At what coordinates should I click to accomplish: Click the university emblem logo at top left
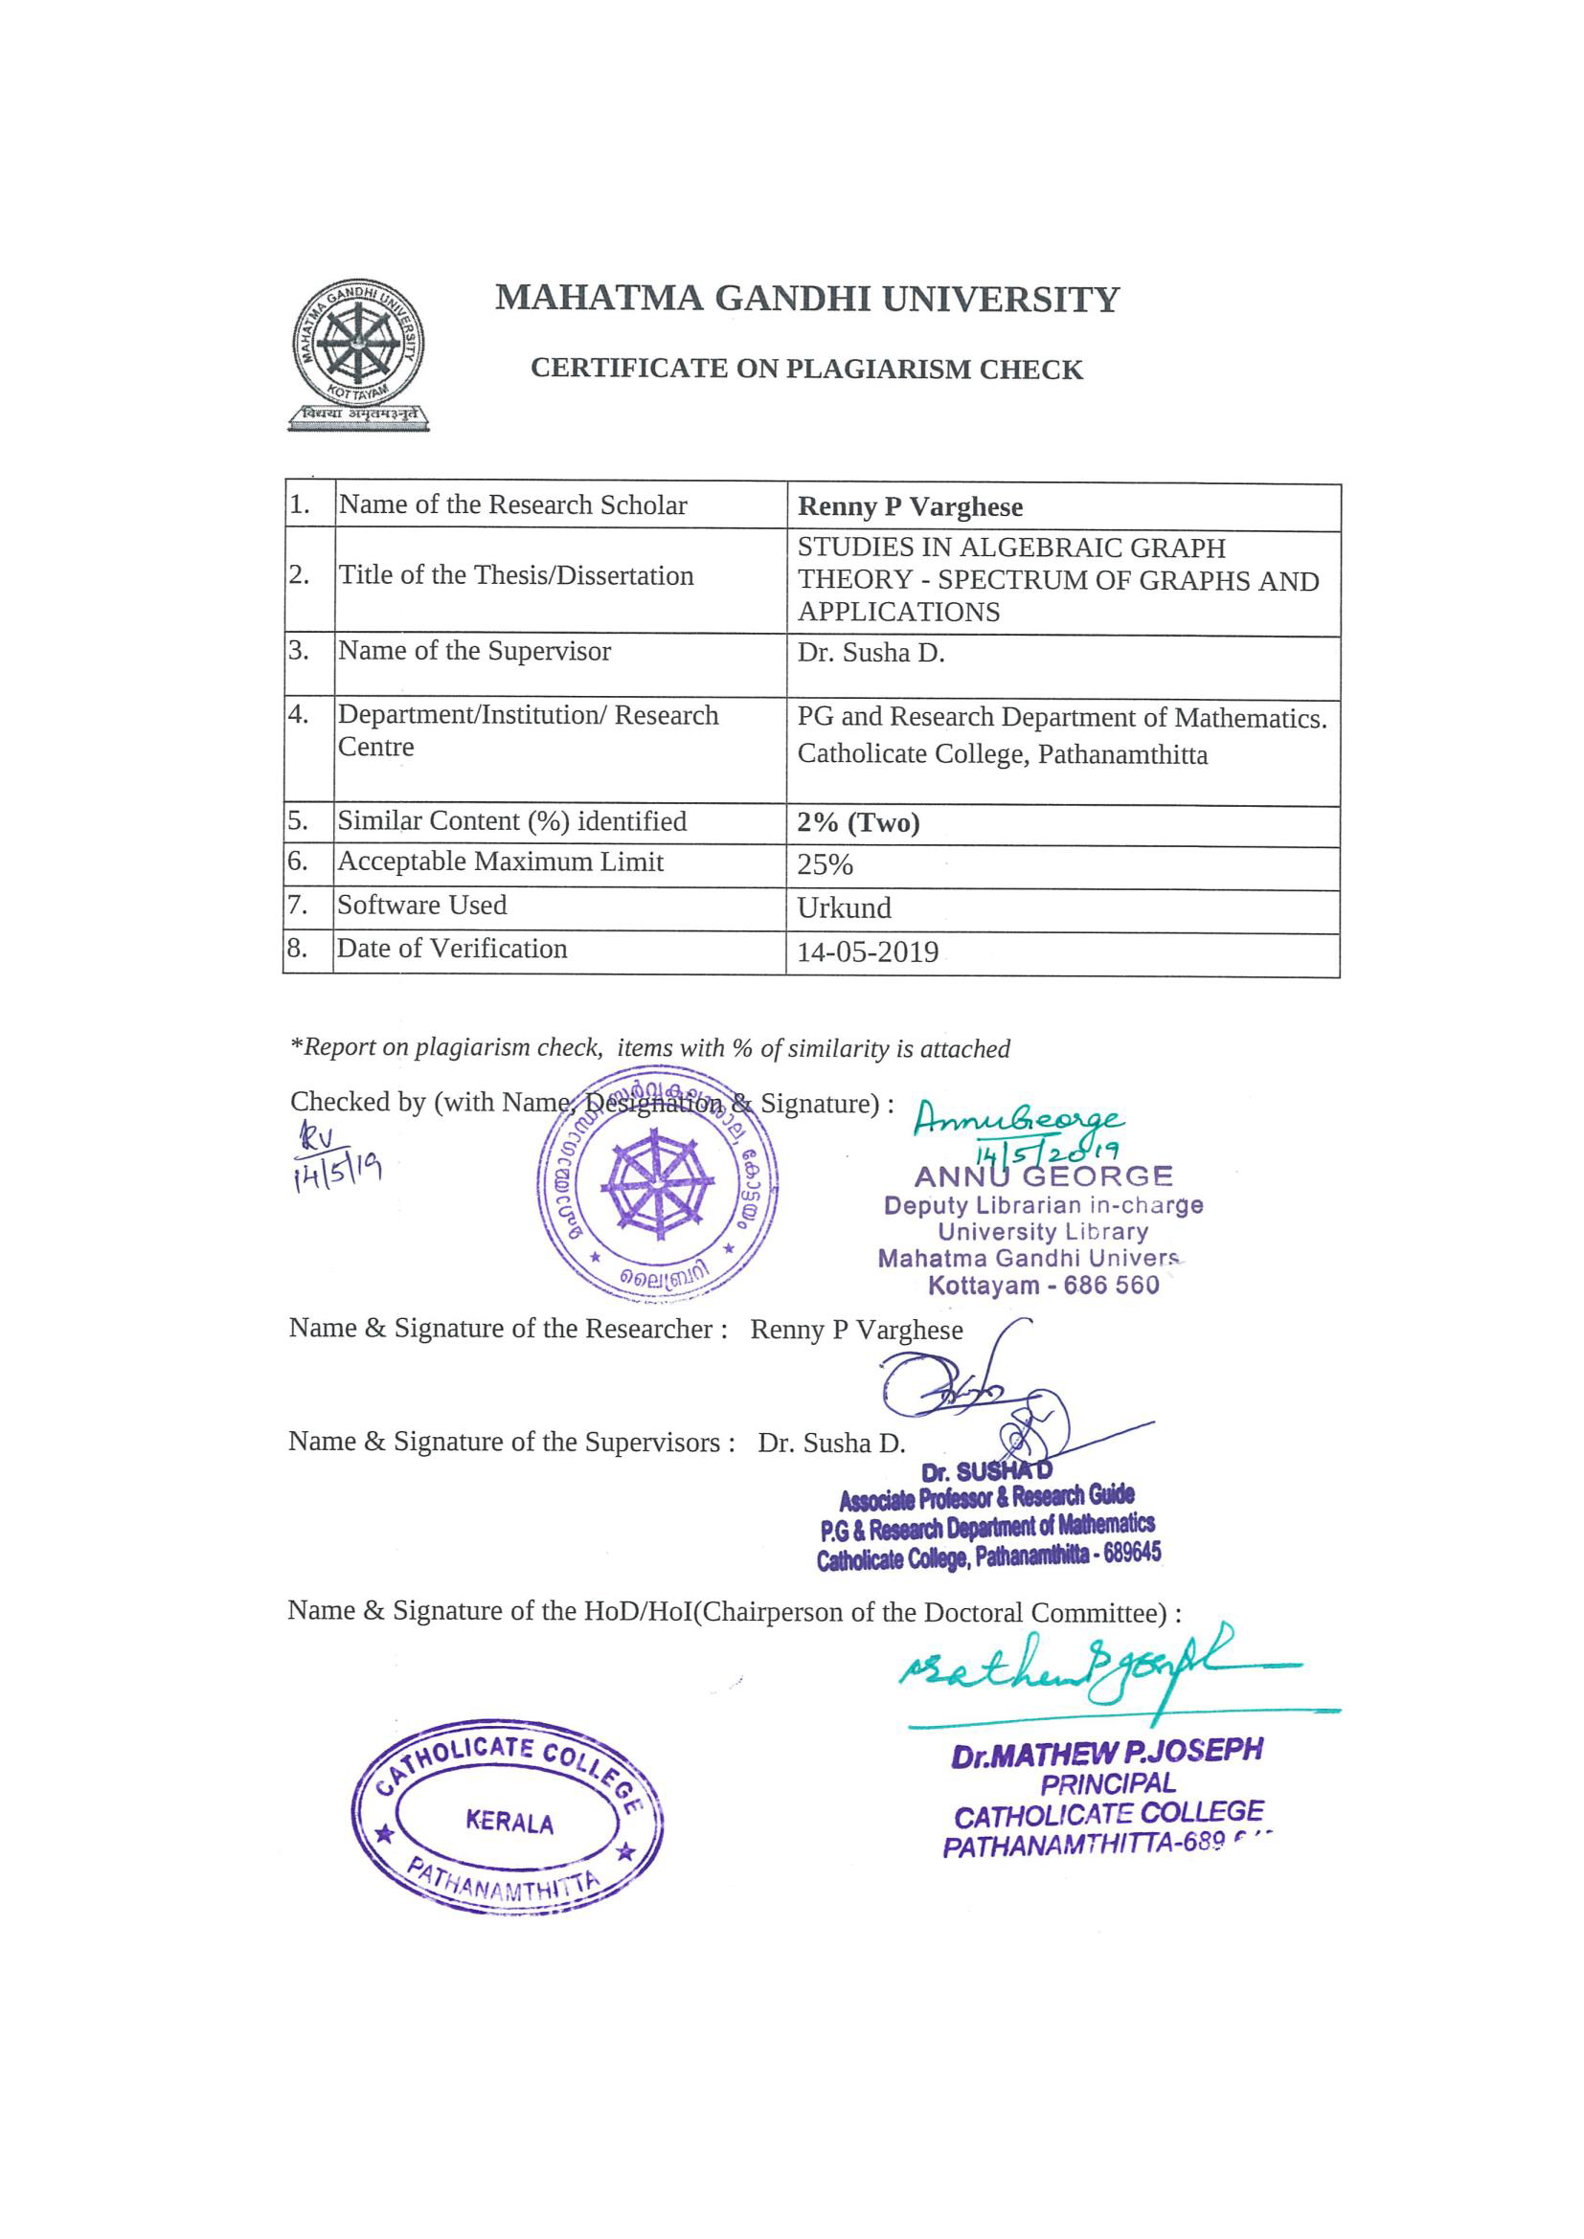tap(358, 353)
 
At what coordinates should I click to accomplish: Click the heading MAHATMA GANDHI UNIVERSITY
tap(806, 299)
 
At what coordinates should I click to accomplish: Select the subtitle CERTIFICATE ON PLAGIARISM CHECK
tap(805, 369)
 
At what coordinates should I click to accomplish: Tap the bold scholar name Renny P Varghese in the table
tap(909, 507)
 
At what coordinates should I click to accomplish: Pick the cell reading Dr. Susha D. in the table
tap(870, 653)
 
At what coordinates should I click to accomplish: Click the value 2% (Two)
tap(857, 823)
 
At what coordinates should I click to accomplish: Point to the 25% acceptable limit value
tap(825, 865)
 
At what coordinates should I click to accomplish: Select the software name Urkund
tap(844, 907)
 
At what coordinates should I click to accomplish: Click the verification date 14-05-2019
tap(867, 952)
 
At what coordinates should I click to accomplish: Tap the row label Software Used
tap(421, 905)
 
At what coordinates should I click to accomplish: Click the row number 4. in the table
tap(299, 715)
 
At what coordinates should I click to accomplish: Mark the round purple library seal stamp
tap(657, 1185)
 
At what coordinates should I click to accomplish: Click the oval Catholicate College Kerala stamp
tap(509, 1821)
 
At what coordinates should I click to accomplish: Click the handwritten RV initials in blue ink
tap(318, 1136)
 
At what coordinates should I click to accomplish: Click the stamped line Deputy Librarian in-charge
tap(1043, 1205)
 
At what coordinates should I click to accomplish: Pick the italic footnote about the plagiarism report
tap(649, 1048)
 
